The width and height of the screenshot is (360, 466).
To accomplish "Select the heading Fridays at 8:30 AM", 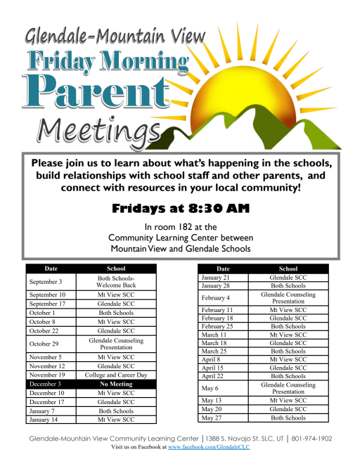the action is (x=180, y=209).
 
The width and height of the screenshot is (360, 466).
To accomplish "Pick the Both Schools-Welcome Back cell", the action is (x=116, y=281).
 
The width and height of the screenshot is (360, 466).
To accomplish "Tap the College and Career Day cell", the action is (x=116, y=375).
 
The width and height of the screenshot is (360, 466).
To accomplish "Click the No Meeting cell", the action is (x=116, y=384).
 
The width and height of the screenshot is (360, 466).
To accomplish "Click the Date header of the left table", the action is (x=51, y=268).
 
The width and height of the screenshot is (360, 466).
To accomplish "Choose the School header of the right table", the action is (x=288, y=268).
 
